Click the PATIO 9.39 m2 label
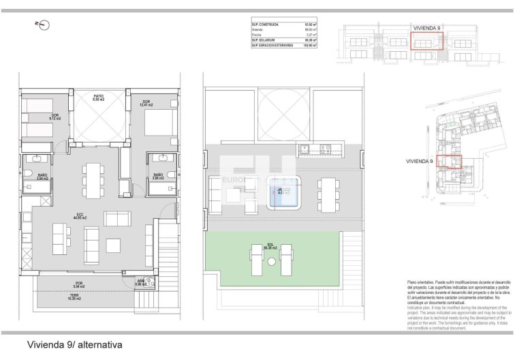(97, 97)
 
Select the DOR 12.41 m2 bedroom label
(145, 103)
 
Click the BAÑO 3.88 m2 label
(157, 177)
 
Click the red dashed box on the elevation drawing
(427, 41)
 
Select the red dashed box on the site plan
(449, 162)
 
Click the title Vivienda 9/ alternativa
(74, 346)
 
